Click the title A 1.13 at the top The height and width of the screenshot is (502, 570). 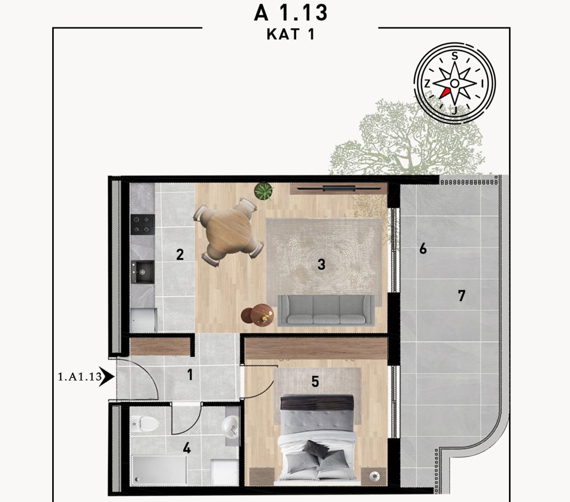290,13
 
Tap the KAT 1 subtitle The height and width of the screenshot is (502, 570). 290,35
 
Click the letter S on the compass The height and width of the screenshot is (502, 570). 455,56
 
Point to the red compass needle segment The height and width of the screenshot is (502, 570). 445,93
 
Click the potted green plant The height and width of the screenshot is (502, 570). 264,192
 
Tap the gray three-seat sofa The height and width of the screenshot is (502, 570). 326,310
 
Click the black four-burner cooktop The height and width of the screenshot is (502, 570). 143,224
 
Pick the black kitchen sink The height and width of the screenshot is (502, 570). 143,272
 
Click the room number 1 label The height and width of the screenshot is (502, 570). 190,375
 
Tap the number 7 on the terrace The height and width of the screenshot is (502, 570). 461,296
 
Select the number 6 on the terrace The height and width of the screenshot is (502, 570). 423,249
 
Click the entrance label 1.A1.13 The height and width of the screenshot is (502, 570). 80,377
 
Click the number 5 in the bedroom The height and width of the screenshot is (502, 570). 315,382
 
